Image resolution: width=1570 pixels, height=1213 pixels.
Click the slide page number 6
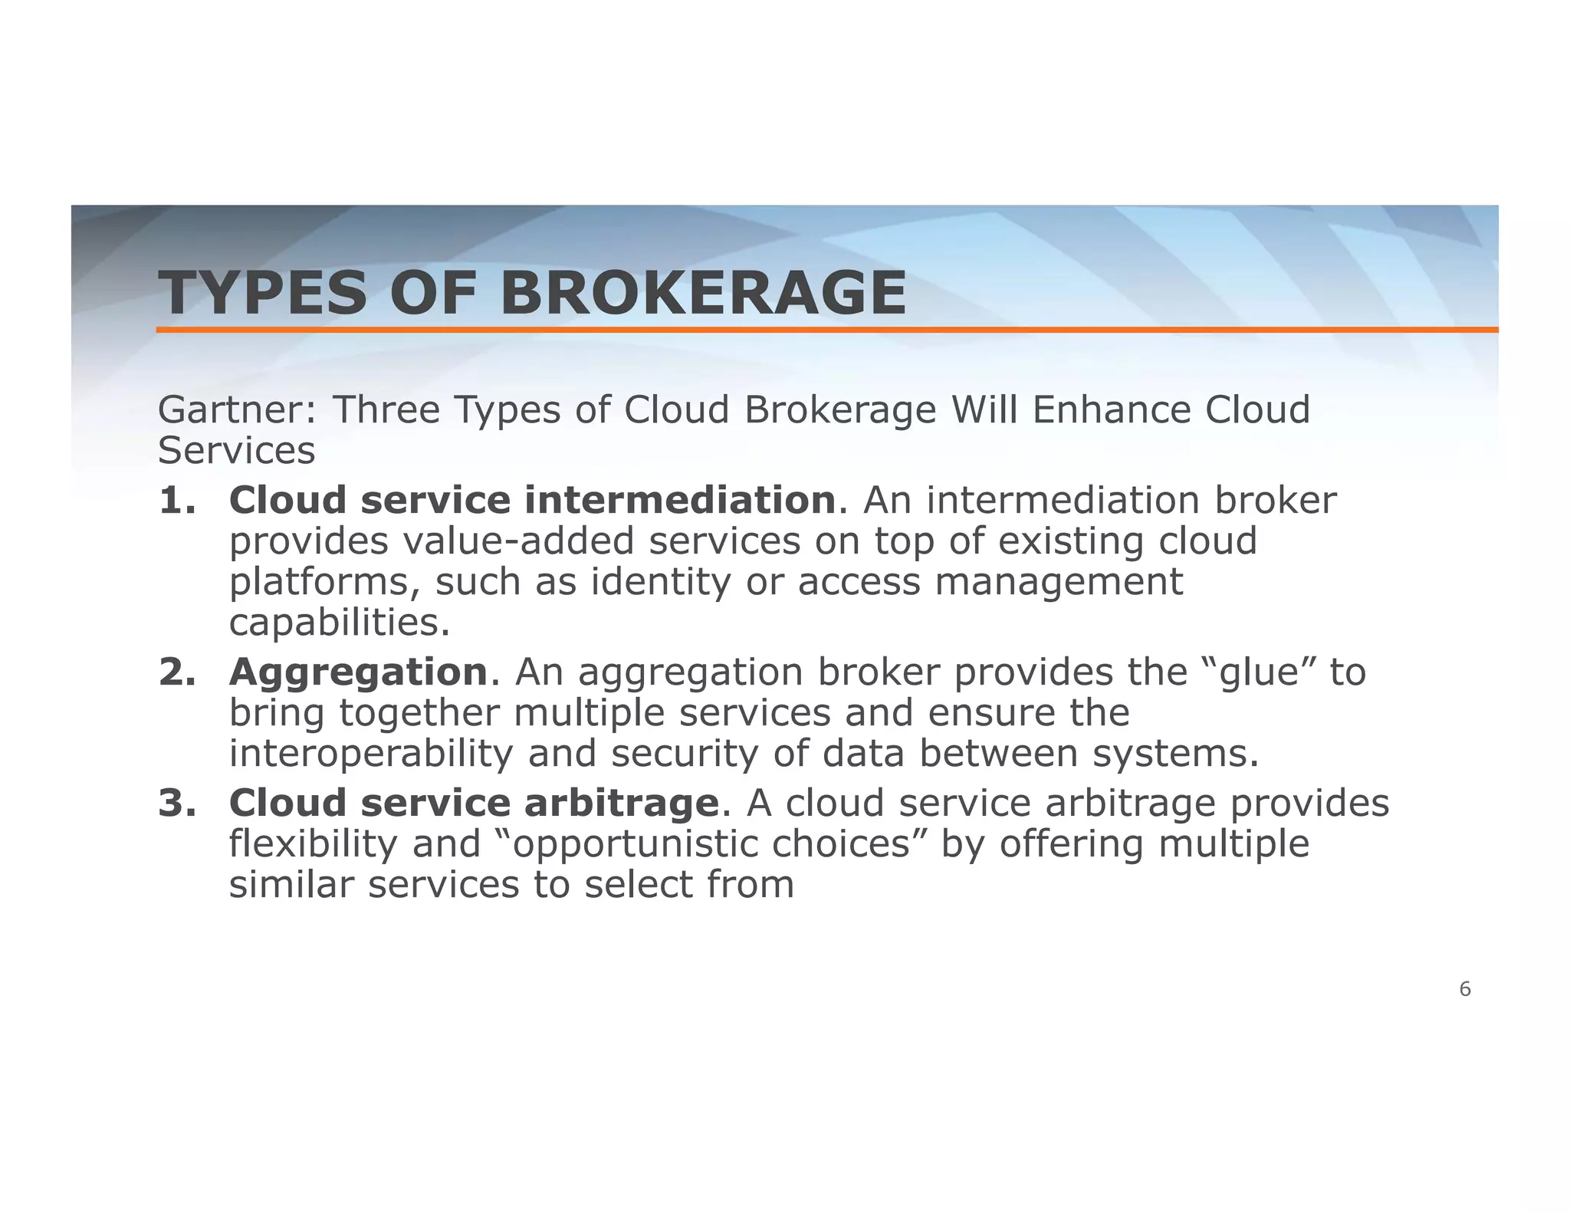tap(1464, 990)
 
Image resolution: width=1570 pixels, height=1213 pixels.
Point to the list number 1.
tap(177, 501)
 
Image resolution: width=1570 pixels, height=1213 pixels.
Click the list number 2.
tap(177, 672)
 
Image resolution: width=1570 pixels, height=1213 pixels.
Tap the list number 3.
tap(177, 804)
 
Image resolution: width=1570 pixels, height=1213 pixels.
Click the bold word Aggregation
tap(358, 673)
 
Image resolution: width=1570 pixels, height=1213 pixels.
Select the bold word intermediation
tap(679, 501)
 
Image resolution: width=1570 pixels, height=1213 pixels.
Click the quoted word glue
tap(1261, 673)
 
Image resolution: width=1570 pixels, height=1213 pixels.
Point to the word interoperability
tap(370, 754)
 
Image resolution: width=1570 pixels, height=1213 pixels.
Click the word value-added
tap(518, 541)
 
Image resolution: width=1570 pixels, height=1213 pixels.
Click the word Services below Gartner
tap(236, 451)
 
